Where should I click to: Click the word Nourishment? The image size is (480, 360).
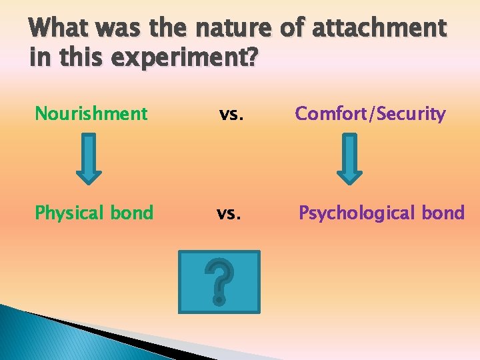[x=91, y=114]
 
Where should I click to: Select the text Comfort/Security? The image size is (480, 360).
[x=370, y=114]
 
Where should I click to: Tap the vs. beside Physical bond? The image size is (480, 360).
[x=229, y=213]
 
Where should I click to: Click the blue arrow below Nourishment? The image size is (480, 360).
[x=89, y=158]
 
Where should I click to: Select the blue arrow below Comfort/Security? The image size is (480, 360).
[x=349, y=158]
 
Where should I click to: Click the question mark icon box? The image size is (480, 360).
[x=219, y=281]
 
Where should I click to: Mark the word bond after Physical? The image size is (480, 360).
[x=133, y=213]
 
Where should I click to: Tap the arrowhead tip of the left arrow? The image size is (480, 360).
[x=89, y=181]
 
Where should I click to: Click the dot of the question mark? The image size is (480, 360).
[x=219, y=301]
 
